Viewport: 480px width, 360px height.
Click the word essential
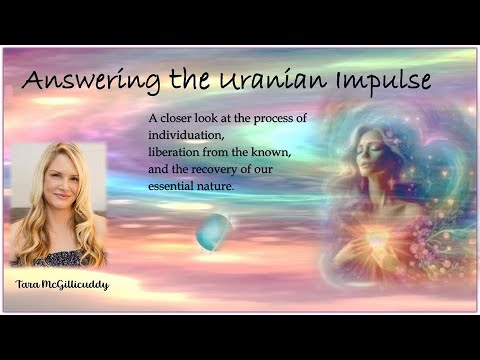tap(173, 184)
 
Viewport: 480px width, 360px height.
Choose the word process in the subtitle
tap(272, 120)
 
